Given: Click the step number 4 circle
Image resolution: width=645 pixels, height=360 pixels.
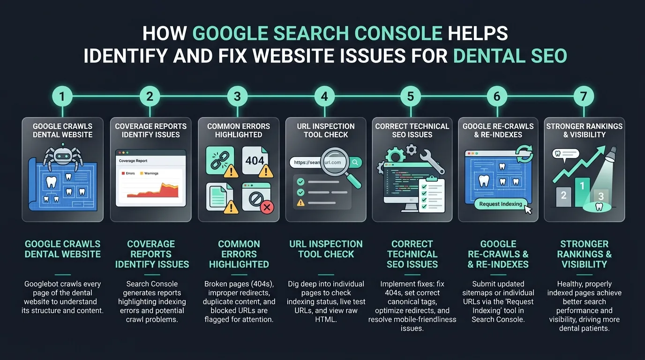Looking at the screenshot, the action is [x=324, y=96].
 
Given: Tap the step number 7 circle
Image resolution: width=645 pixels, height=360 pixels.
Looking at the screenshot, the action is [x=584, y=96].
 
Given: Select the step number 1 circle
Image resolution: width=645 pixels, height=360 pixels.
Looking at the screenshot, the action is [x=62, y=96].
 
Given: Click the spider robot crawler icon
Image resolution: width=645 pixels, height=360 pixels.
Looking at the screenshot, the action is [x=63, y=158].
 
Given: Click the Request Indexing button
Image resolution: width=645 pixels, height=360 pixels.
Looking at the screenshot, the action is [x=501, y=204].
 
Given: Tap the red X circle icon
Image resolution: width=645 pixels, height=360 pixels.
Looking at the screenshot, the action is [x=267, y=207].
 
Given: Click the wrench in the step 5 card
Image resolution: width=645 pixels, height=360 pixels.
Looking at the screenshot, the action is [x=432, y=161].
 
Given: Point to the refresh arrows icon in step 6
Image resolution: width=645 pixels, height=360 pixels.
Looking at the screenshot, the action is [x=524, y=154].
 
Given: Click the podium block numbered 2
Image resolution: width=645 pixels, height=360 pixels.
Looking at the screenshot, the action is [x=563, y=197].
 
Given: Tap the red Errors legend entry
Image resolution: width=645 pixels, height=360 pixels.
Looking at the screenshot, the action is [x=128, y=173].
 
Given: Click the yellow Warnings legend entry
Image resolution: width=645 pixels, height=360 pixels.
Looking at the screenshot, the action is [x=149, y=173].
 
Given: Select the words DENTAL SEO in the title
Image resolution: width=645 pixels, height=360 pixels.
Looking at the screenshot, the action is [x=510, y=56].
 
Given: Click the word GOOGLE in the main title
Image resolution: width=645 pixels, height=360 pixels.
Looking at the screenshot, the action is [x=230, y=33].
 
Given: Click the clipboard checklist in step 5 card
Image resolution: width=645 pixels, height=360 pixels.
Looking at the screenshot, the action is [x=432, y=195].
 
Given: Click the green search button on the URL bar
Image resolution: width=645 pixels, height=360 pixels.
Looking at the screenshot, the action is [x=355, y=163].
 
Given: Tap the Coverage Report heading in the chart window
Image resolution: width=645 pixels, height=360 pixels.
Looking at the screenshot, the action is [x=133, y=161].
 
